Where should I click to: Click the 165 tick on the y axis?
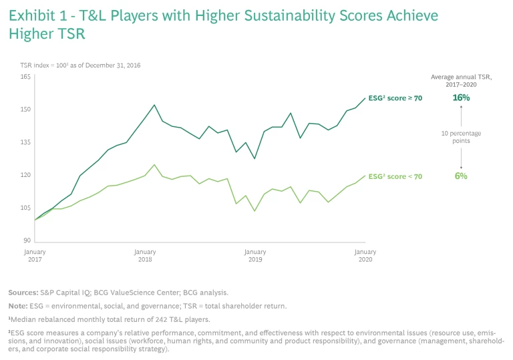[25, 77]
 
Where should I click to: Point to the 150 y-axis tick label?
[25, 110]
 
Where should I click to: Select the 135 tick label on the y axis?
[25, 142]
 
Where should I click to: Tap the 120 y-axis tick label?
[25, 175]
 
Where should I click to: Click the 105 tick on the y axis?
[25, 208]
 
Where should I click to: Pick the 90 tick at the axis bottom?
[27, 240]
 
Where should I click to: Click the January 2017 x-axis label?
[35, 256]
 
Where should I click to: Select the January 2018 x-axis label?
[145, 256]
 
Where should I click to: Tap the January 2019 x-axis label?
[255, 256]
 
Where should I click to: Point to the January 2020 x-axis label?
[365, 256]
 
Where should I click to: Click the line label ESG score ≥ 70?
[395, 98]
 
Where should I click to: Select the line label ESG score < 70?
[395, 176]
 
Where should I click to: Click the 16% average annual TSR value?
[461, 98]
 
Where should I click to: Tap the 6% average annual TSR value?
[461, 176]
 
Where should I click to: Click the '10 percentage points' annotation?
[461, 137]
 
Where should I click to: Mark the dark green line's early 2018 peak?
[154, 105]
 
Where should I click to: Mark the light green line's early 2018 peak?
[154, 164]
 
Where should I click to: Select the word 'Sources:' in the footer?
[22, 293]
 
